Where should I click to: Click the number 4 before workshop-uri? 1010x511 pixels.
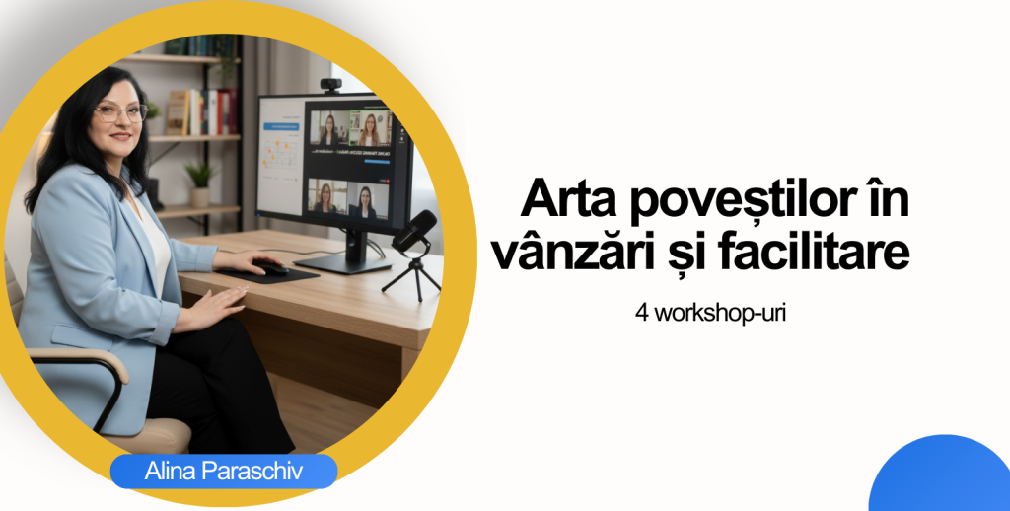pyautogui.click(x=641, y=317)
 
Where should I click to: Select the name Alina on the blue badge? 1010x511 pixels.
pyautogui.click(x=169, y=472)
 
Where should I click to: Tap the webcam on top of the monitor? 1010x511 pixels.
pyautogui.click(x=332, y=85)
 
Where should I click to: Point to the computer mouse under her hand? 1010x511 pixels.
pyautogui.click(x=270, y=266)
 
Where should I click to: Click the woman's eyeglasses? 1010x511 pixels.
pyautogui.click(x=119, y=112)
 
